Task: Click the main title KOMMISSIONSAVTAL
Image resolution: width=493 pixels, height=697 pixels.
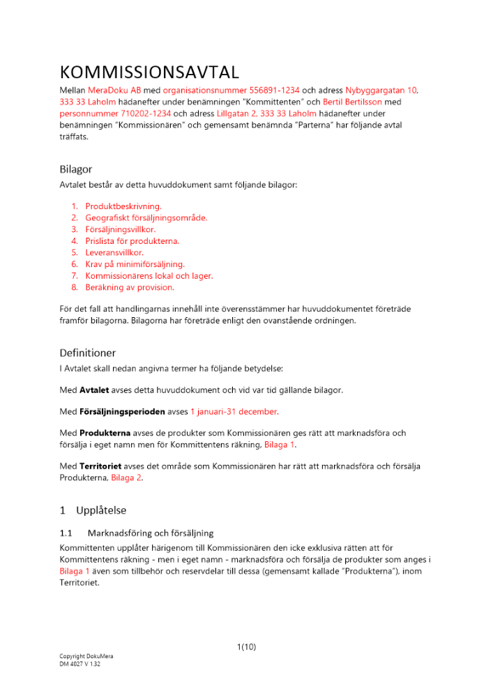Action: click(x=149, y=72)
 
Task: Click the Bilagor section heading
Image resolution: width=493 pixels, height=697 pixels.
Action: click(x=75, y=169)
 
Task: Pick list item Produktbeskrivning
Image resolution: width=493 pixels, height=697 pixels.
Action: click(x=123, y=206)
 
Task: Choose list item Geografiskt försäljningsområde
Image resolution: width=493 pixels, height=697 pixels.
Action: click(x=146, y=217)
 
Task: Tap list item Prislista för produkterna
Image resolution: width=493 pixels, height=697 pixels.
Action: click(x=132, y=240)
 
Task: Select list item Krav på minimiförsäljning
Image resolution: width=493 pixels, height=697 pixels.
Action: click(x=135, y=264)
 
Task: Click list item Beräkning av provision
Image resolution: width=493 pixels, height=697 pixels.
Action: click(x=130, y=286)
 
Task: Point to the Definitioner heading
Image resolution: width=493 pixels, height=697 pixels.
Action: click(x=88, y=353)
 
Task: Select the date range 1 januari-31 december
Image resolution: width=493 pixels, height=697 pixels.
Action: click(x=234, y=411)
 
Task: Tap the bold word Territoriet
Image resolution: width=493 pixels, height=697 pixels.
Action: click(x=99, y=466)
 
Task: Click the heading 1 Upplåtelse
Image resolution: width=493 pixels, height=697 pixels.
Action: click(x=93, y=510)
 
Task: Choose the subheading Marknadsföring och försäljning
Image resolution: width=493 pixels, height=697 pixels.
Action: click(x=160, y=533)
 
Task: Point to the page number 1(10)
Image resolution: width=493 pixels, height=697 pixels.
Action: click(x=246, y=646)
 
